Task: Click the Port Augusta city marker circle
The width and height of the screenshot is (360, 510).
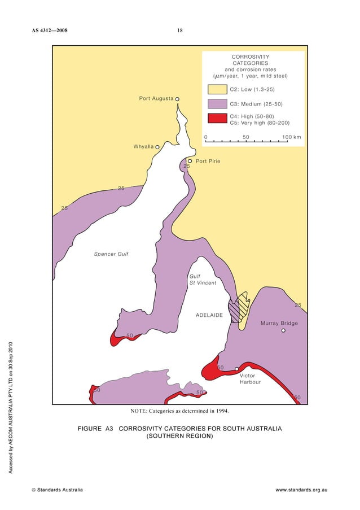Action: [x=177, y=99]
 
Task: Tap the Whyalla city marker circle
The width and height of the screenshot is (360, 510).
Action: [x=157, y=147]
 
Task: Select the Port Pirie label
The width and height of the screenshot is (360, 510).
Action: [x=208, y=162]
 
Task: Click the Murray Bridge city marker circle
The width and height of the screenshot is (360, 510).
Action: [x=283, y=330]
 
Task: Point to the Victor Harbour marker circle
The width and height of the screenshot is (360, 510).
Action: [x=237, y=369]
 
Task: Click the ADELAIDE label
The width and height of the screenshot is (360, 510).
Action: [x=209, y=314]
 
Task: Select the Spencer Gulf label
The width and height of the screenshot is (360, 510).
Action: [x=111, y=254]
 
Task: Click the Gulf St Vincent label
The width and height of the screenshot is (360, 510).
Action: [x=203, y=280]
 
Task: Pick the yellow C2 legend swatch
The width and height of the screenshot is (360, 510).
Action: [x=217, y=90]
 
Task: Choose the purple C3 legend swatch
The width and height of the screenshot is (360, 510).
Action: [x=217, y=104]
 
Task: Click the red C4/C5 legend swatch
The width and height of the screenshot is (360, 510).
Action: [x=217, y=119]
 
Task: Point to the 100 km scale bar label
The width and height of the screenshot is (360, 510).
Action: [x=292, y=137]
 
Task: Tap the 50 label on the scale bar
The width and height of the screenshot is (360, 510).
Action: [x=246, y=137]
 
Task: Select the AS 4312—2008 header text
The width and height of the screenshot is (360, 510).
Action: [x=50, y=30]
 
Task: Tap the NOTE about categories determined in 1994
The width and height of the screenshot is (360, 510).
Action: [x=179, y=411]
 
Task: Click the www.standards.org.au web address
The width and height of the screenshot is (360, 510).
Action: [x=301, y=490]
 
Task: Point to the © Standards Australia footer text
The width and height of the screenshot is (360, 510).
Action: [x=57, y=490]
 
